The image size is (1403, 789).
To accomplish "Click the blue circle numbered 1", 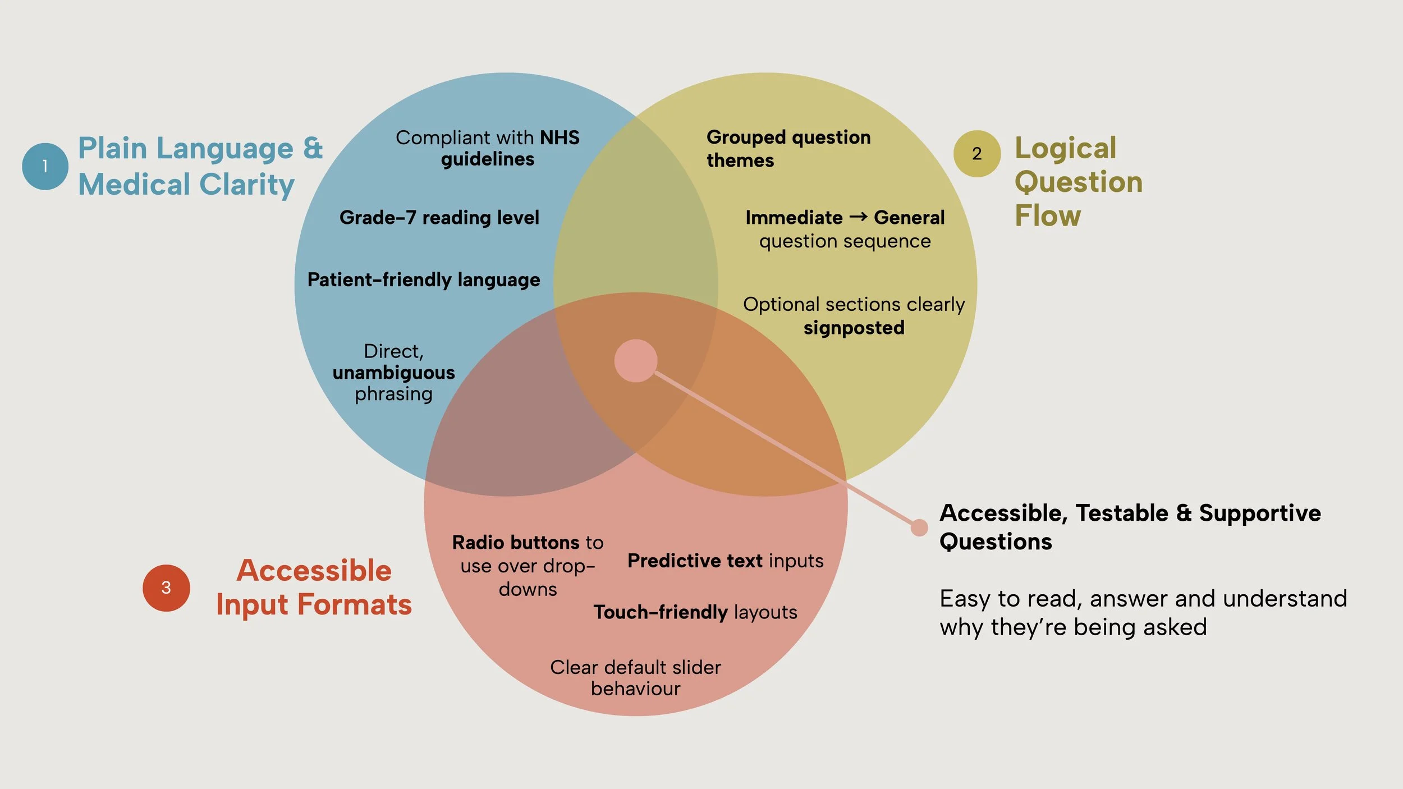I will pyautogui.click(x=45, y=166).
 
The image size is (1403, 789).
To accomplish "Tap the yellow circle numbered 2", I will pyautogui.click(x=976, y=154).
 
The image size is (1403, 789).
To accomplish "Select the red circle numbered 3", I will pyautogui.click(x=166, y=588).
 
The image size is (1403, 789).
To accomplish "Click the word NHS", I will pyautogui.click(x=560, y=137).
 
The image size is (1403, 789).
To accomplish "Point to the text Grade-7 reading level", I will pyautogui.click(x=439, y=218).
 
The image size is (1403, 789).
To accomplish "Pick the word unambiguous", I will pyautogui.click(x=393, y=373).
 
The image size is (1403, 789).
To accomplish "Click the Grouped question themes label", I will pyautogui.click(x=788, y=149).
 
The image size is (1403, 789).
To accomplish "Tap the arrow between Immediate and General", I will pyautogui.click(x=858, y=217).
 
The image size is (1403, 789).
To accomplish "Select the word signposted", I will pyautogui.click(x=854, y=328).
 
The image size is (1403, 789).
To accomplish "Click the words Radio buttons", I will pyautogui.click(x=516, y=543).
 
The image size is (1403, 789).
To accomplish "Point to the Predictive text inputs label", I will pyautogui.click(x=725, y=561).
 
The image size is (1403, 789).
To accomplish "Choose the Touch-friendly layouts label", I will pyautogui.click(x=695, y=612).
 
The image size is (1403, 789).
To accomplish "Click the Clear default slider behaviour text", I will pyautogui.click(x=635, y=678).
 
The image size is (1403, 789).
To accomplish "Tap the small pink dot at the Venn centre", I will pyautogui.click(x=635, y=361).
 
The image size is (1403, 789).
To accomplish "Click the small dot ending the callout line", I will pyautogui.click(x=919, y=527).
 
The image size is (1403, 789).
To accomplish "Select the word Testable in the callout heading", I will pyautogui.click(x=1122, y=513).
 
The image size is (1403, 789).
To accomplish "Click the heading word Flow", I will pyautogui.click(x=1047, y=216).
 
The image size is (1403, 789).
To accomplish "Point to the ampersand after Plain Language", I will pyautogui.click(x=313, y=148).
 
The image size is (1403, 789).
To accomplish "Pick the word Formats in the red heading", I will pyautogui.click(x=354, y=605).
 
